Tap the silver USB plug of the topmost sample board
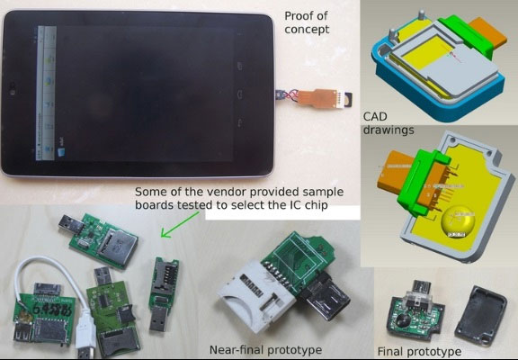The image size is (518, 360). click(68, 221)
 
